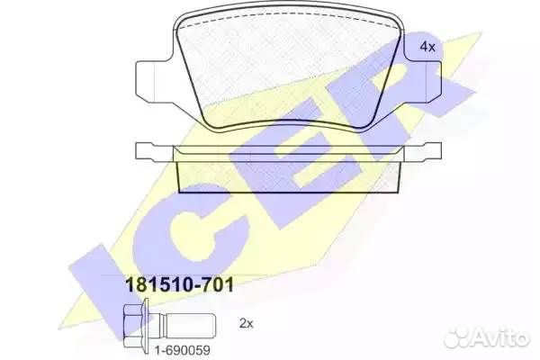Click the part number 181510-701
[x=180, y=285]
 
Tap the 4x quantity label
[x=427, y=47]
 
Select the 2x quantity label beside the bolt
[x=246, y=323]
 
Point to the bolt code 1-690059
[x=182, y=350]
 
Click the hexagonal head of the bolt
[x=132, y=326]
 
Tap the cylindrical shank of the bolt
[x=189, y=326]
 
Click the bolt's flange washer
[x=146, y=326]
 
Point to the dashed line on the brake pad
[x=289, y=16]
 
